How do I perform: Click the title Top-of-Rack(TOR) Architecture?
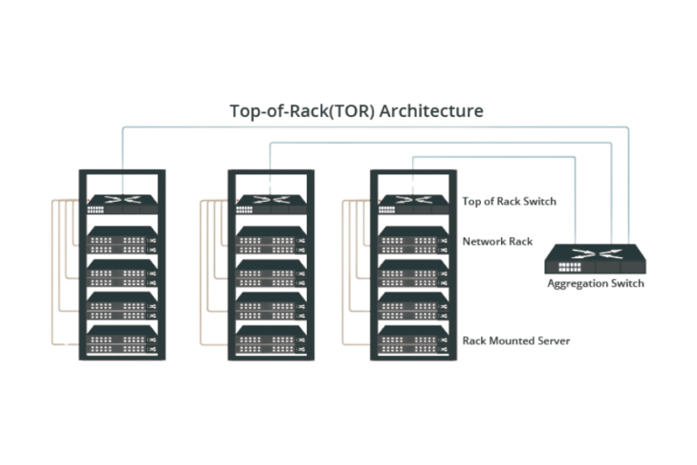pos(356,111)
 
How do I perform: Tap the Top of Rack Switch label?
pos(508,202)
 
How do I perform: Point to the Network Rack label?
pos(498,242)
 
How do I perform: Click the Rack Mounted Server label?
pos(516,341)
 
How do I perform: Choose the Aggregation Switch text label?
pos(596,284)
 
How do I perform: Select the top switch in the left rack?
pos(122,204)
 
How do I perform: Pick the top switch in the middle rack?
pos(270,204)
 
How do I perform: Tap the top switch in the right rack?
pos(413,204)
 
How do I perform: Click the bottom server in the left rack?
pos(122,339)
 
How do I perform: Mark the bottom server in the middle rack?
pos(270,339)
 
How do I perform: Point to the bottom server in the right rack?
pos(413,339)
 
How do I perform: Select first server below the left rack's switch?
pos(122,240)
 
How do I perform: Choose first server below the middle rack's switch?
pos(270,240)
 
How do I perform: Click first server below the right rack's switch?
pos(413,240)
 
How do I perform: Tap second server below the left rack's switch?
pos(122,273)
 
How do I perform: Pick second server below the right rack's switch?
pos(413,273)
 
